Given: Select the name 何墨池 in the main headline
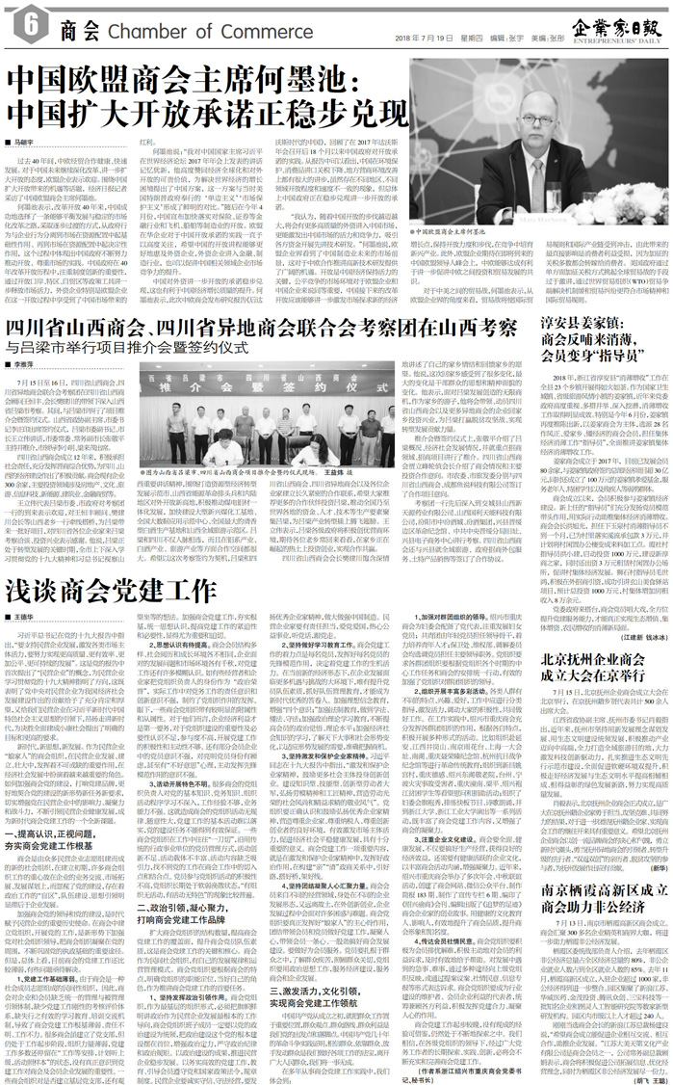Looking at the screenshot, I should tap(283, 78).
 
